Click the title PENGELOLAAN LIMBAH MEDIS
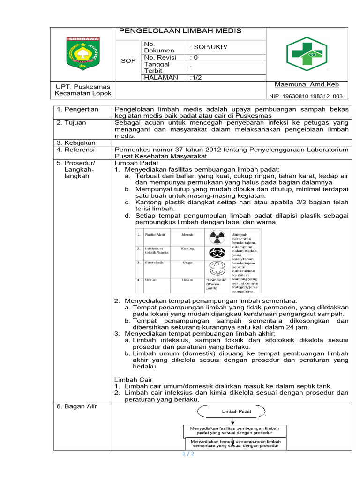(x=180, y=31)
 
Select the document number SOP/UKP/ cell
(x=209, y=47)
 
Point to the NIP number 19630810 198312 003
(x=306, y=96)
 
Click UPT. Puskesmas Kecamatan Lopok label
(x=83, y=90)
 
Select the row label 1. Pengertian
(x=78, y=110)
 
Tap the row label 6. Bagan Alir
(x=77, y=406)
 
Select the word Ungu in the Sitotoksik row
(x=187, y=263)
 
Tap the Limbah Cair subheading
(x=134, y=379)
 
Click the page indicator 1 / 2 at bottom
(x=188, y=454)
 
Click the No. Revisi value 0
(x=195, y=57)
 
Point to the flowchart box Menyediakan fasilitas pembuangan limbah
(x=234, y=430)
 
